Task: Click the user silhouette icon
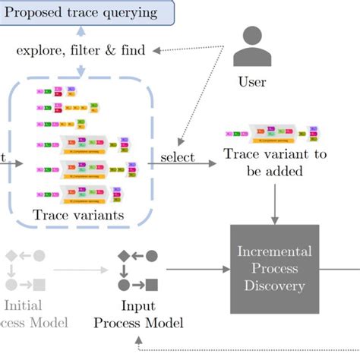coord(251,47)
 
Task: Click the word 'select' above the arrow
coord(177,157)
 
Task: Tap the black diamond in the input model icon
coord(122,256)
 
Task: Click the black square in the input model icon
coord(152,285)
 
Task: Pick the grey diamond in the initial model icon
coord(10,256)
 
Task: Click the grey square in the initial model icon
coord(39,285)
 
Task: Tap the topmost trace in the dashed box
coord(57,93)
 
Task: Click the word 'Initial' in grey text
coord(21,306)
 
